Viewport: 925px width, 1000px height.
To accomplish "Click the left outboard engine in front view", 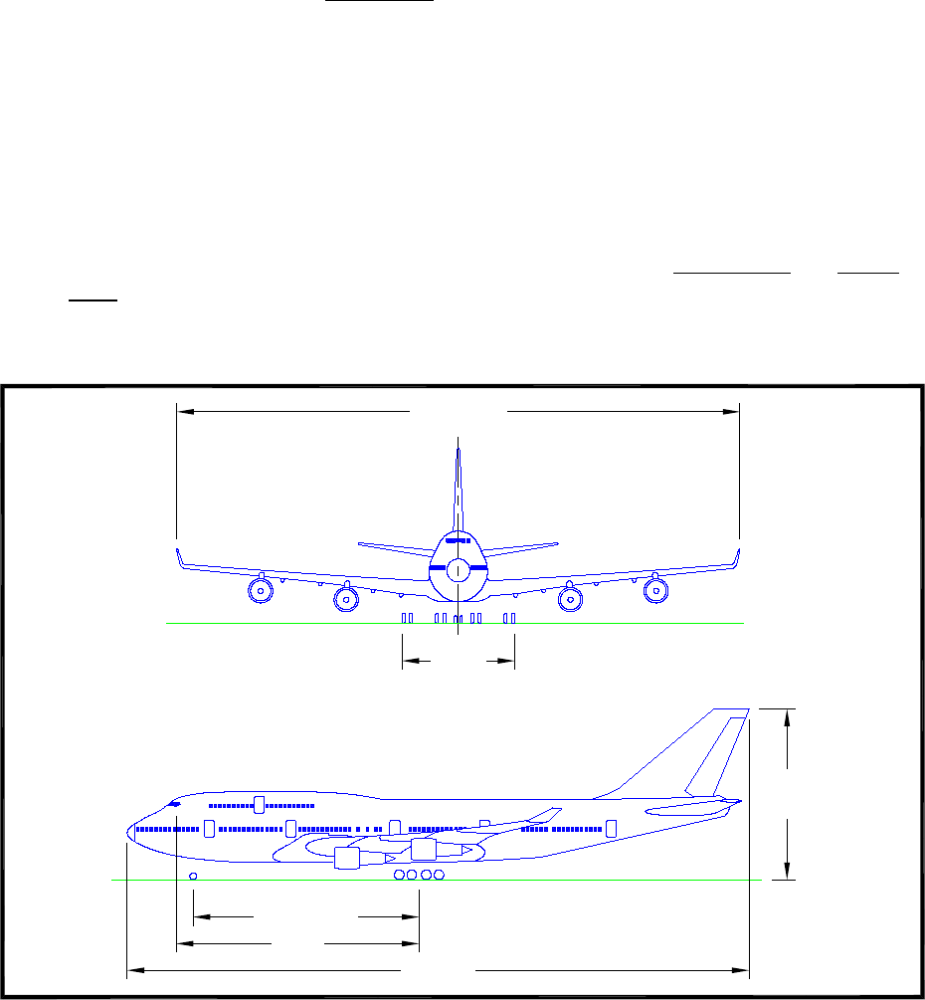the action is click(x=260, y=590).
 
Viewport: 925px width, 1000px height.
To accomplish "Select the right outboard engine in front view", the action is click(x=655, y=590).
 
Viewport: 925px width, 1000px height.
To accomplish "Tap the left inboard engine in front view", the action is click(x=345, y=599).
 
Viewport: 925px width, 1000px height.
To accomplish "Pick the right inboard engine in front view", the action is click(x=570, y=599).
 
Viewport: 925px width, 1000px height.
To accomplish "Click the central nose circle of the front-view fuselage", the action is click(x=458, y=570).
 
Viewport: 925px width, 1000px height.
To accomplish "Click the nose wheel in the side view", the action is click(x=193, y=876).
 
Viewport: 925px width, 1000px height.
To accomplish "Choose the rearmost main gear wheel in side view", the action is click(x=439, y=875).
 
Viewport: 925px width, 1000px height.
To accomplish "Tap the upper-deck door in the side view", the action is click(x=260, y=804).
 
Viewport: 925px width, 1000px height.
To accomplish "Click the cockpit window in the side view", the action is click(x=174, y=802).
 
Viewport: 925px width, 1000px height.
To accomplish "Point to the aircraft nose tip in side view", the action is click(x=128, y=830).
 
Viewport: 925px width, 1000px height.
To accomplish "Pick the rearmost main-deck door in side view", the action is click(x=612, y=828).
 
